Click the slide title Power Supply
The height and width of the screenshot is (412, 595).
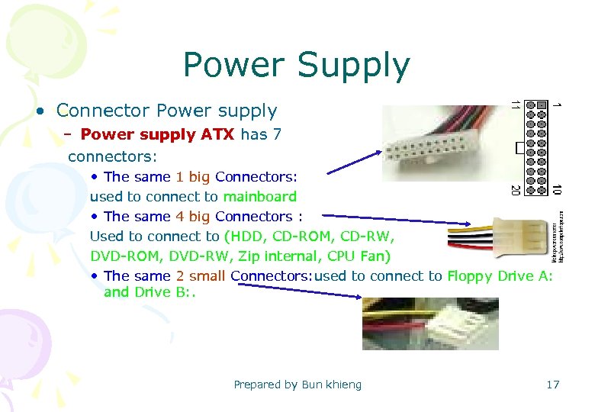296,66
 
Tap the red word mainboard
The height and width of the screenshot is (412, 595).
259,196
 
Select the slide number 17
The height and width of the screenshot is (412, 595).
552,385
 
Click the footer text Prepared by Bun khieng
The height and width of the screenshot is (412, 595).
297,385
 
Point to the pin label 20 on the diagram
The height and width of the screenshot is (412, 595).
515,188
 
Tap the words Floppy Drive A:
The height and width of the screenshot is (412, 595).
500,275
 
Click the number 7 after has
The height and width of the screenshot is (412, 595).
277,135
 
